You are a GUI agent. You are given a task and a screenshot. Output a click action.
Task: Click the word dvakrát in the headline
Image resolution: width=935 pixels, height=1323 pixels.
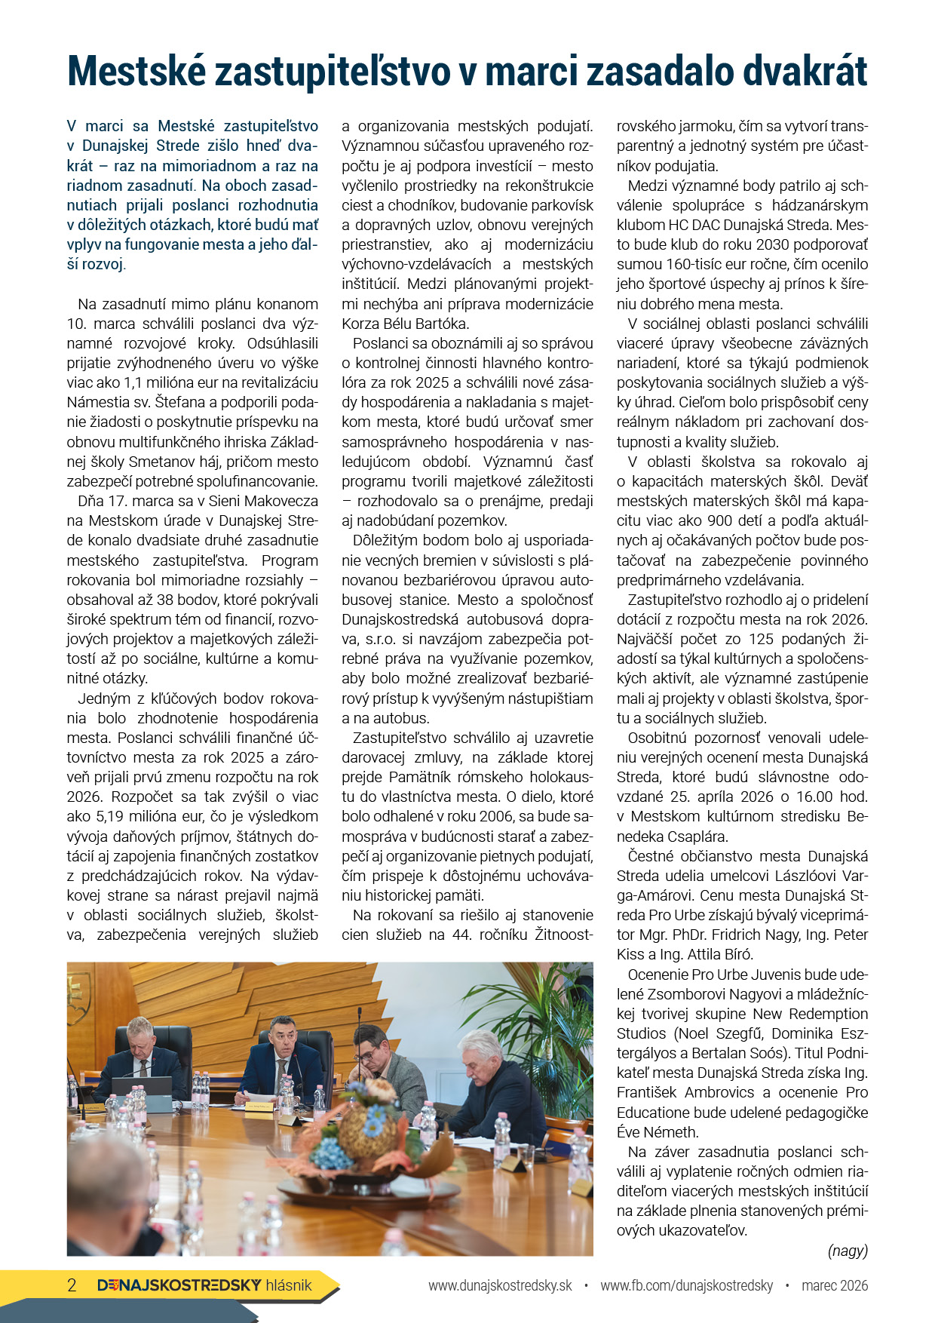click(805, 72)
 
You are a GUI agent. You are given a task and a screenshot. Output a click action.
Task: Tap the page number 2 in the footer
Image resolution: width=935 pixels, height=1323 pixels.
click(72, 1285)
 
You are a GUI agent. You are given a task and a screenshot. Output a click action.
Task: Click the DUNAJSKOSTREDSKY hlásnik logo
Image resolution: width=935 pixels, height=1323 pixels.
click(204, 1285)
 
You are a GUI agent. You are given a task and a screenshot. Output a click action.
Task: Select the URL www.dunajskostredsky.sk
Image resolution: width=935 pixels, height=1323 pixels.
click(500, 1285)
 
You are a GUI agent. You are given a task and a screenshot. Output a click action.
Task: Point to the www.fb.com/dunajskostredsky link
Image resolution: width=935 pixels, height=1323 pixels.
click(686, 1285)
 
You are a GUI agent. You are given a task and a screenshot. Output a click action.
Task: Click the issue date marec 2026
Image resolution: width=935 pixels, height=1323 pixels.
click(835, 1285)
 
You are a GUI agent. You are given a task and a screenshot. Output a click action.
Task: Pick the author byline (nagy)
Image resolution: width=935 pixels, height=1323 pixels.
click(848, 1251)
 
